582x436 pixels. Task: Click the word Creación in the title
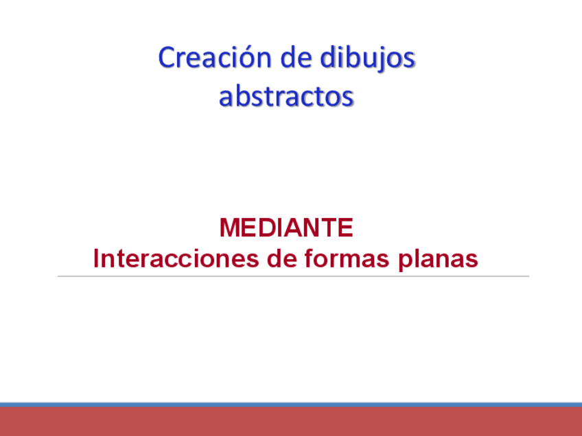pyautogui.click(x=214, y=58)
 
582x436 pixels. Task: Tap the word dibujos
pyautogui.click(x=367, y=59)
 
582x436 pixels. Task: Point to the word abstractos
pyautogui.click(x=286, y=97)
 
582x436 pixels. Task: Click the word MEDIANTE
pyautogui.click(x=286, y=228)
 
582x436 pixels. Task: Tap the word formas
pyautogui.click(x=336, y=259)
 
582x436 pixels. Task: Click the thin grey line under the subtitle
pyautogui.click(x=293, y=276)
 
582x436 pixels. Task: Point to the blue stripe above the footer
pyautogui.click(x=291, y=405)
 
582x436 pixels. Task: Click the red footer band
pyautogui.click(x=291, y=422)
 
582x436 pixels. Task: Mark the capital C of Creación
pyautogui.click(x=167, y=58)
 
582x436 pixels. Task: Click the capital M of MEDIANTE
pyautogui.click(x=230, y=228)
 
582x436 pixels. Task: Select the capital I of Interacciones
pyautogui.click(x=97, y=259)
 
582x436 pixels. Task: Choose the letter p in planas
pyautogui.click(x=405, y=262)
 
